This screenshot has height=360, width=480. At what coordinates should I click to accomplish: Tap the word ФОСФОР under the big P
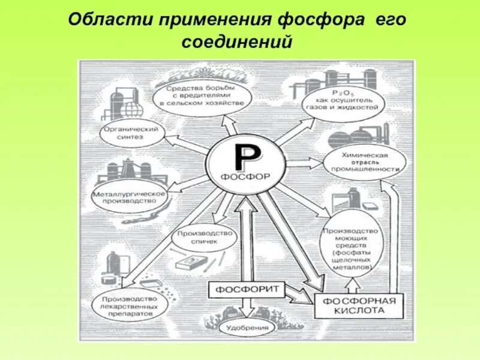[247, 177]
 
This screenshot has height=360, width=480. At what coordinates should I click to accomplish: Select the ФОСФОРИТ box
[246, 290]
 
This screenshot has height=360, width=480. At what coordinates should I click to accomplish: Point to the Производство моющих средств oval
[350, 248]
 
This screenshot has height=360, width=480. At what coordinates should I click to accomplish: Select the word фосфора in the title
[322, 20]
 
